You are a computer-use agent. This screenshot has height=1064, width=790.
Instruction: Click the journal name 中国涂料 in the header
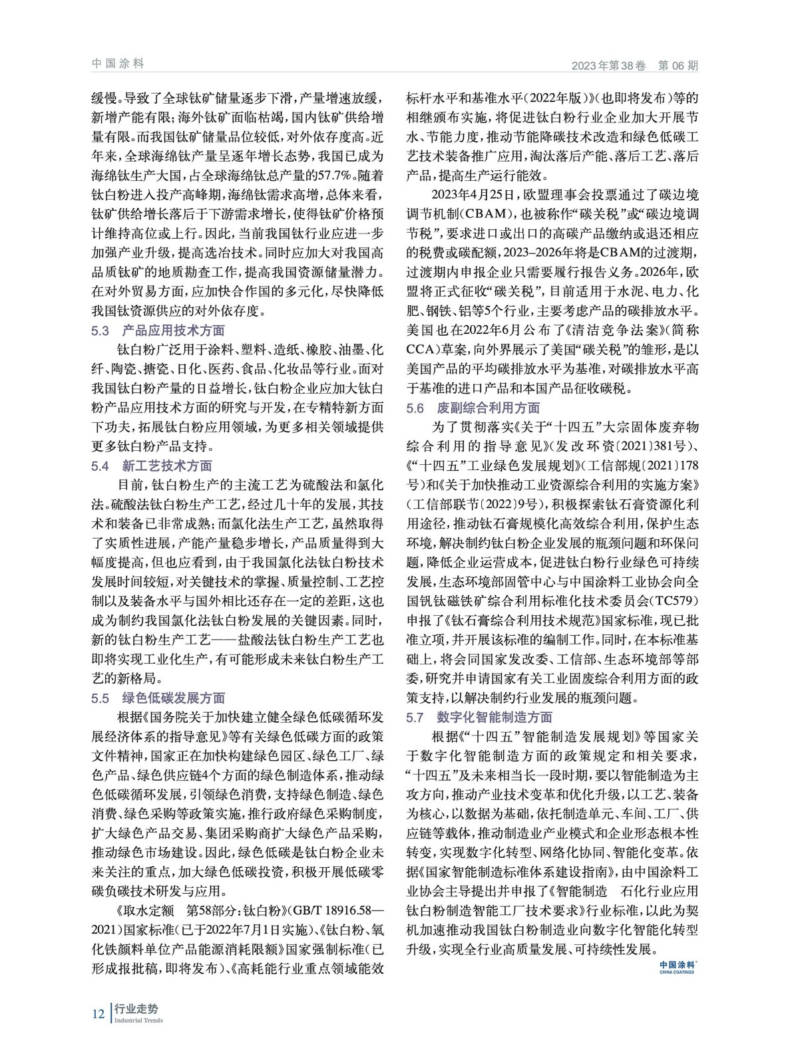coord(118,64)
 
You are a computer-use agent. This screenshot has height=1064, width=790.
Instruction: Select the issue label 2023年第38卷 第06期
coord(635,66)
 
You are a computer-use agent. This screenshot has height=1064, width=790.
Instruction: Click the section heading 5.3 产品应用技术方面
coord(158,331)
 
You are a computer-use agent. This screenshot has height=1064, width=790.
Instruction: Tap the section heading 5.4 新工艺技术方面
coord(152,466)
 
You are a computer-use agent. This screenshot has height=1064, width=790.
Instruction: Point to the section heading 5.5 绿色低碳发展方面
coord(158,698)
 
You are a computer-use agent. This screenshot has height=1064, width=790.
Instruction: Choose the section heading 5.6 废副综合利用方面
coord(473,408)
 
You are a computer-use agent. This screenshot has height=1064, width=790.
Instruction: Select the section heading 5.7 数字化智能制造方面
coord(479,718)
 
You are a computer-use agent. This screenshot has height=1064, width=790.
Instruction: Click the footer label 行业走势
coord(136,1008)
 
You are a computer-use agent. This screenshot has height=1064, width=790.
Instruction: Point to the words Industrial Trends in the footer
coord(138,1021)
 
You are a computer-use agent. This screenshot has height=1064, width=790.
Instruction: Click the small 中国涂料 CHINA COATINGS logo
coord(678,966)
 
